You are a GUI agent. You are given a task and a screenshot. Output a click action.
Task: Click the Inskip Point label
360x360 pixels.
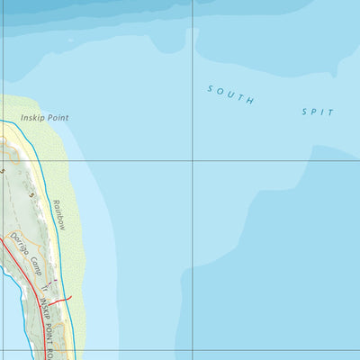pos(44,118)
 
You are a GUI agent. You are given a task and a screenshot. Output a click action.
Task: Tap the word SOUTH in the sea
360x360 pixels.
pos(230,94)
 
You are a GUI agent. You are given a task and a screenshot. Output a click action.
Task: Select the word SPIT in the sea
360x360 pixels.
pos(318,112)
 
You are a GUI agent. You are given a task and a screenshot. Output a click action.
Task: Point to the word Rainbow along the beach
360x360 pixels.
pos(59,214)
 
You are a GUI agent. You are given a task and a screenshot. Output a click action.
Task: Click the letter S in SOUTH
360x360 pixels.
pos(211,88)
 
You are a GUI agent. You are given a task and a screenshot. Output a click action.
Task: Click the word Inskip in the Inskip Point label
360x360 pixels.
pos(31,118)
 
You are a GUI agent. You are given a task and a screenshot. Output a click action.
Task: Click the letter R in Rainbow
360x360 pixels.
pos(55,202)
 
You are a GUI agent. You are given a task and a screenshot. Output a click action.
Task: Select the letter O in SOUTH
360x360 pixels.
pos(220,91)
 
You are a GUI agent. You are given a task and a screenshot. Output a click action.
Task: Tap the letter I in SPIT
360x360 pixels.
pos(324,112)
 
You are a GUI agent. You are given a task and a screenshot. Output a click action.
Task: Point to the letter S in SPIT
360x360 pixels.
pos(304,111)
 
